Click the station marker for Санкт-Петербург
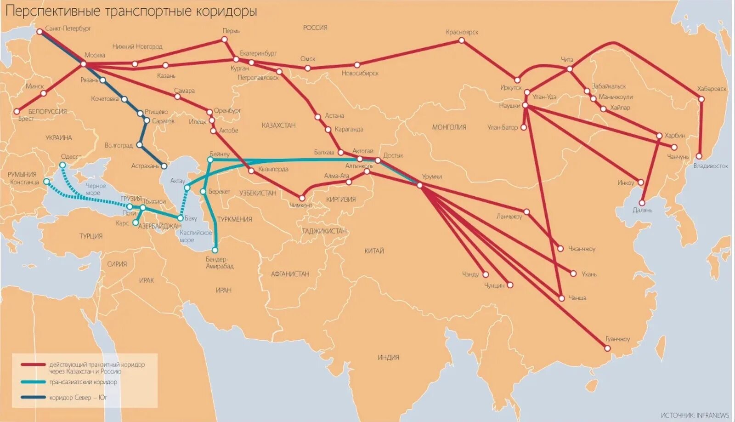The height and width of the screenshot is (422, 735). [40, 31]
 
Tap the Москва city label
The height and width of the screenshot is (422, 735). [95, 55]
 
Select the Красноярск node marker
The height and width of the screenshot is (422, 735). [462, 40]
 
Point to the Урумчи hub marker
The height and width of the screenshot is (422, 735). [419, 185]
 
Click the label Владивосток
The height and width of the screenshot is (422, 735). [710, 166]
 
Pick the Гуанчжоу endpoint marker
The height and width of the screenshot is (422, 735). [610, 348]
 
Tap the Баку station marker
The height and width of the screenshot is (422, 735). [181, 218]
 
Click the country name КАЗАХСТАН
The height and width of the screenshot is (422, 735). [278, 125]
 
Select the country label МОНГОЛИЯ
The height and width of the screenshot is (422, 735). [449, 127]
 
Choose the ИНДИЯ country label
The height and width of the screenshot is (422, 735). [388, 357]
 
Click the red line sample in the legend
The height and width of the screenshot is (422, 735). [33, 365]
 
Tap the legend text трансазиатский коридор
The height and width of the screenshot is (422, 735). [83, 382]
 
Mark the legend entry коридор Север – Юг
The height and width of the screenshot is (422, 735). [78, 397]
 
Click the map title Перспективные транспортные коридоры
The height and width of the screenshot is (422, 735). [131, 11]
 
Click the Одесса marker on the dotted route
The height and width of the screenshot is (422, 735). [63, 165]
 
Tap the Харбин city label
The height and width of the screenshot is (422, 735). [674, 136]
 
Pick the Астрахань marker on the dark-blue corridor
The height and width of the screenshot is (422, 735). [164, 166]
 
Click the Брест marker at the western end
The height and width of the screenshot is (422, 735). [17, 111]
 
